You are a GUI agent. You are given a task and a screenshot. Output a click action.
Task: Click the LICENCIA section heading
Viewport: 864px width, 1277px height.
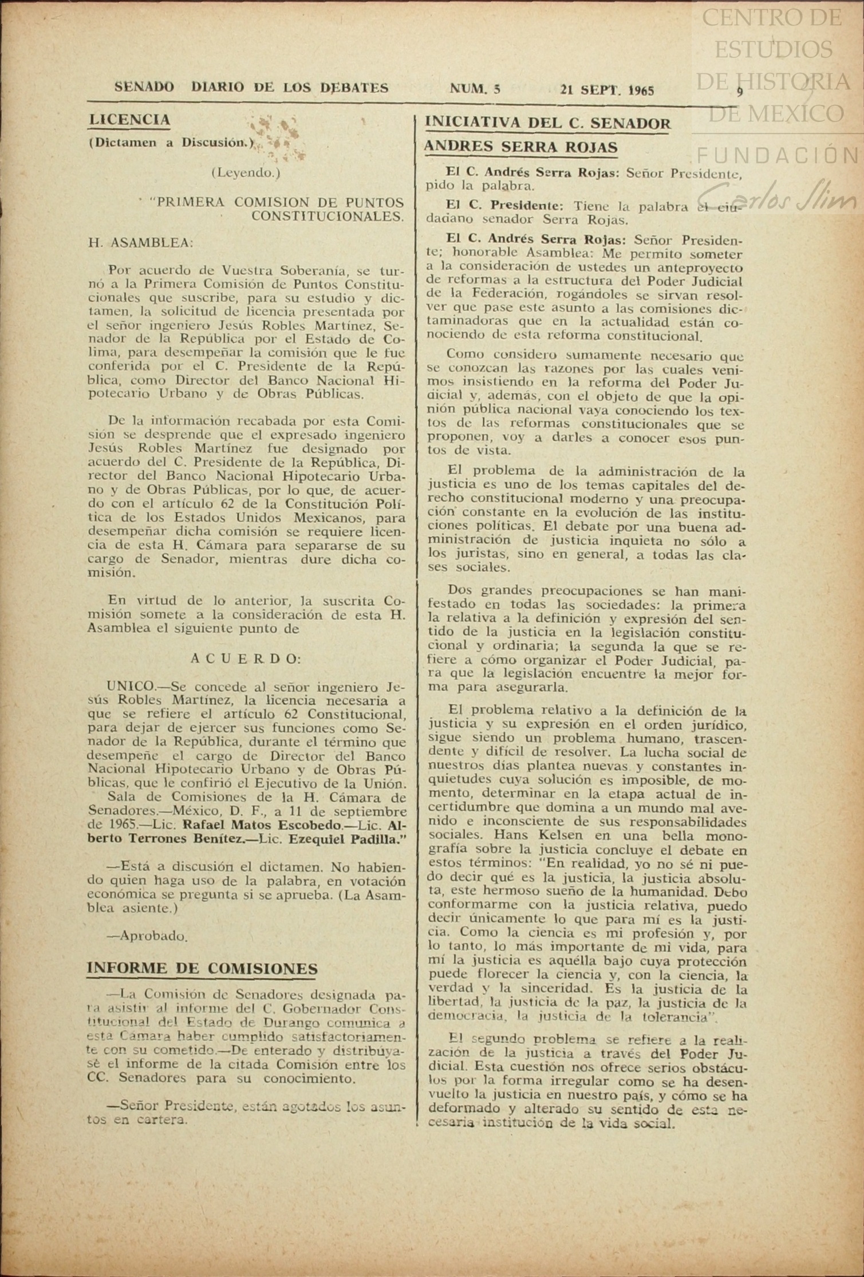pos(129,120)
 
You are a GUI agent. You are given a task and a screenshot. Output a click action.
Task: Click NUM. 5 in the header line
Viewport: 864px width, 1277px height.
pos(475,89)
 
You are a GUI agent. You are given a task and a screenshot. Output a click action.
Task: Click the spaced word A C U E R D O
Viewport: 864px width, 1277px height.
pos(246,659)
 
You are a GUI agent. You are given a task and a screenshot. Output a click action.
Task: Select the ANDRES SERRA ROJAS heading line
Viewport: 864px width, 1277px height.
pos(520,147)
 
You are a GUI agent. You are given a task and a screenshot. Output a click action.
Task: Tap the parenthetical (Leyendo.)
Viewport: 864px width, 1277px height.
pos(246,172)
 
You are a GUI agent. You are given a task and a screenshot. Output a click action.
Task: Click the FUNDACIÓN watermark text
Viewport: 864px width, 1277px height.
pos(779,155)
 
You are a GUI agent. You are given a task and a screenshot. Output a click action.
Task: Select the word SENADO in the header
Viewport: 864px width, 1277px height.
pos(144,88)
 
